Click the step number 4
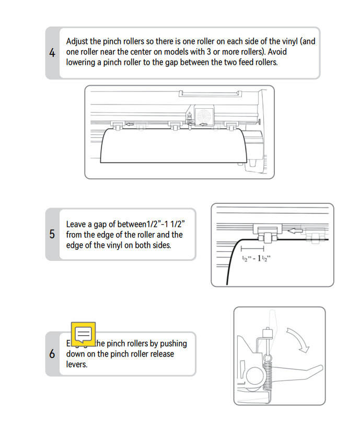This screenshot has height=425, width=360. tap(52, 52)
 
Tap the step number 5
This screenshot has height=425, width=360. tap(52, 234)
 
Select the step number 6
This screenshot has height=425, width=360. tap(52, 354)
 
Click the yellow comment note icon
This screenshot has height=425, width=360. tap(83, 334)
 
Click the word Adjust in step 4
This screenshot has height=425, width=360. tap(78, 41)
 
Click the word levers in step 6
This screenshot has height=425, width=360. tap(77, 364)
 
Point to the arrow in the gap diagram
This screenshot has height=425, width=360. tap(296, 229)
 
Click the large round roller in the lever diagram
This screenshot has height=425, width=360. tap(254, 375)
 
